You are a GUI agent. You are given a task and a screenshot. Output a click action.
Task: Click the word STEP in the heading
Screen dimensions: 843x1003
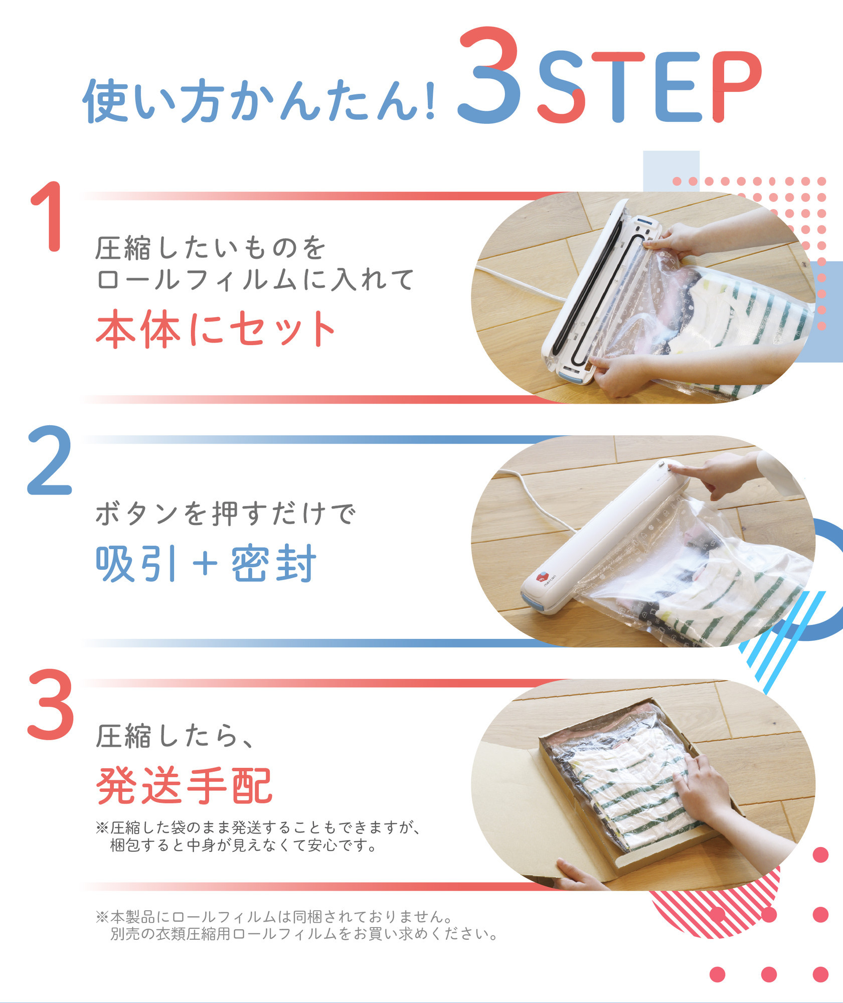pos(649,87)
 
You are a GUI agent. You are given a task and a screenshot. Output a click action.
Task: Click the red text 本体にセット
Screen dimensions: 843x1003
pos(216,328)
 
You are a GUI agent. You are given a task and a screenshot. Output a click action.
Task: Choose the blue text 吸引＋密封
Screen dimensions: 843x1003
pos(206,563)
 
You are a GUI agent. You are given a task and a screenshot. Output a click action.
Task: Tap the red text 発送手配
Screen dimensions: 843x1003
pos(184,786)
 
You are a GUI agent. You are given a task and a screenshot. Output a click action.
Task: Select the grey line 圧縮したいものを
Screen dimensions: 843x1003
pos(211,248)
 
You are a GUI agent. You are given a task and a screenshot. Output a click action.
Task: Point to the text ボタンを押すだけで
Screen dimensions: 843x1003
pos(226,514)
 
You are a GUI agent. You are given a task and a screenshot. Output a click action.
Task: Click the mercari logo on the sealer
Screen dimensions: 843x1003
pos(544,580)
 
